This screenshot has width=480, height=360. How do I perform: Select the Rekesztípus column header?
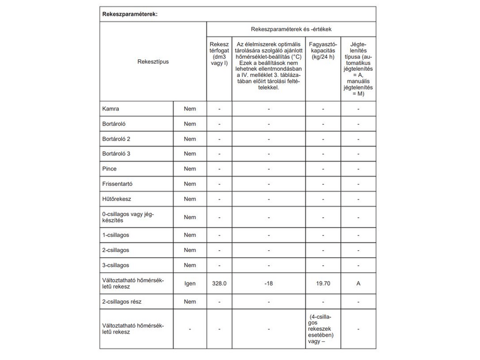pyautogui.click(x=152, y=61)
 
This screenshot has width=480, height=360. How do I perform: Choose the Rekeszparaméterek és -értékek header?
pyautogui.click(x=292, y=29)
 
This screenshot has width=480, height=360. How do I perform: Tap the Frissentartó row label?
pyautogui.click(x=119, y=184)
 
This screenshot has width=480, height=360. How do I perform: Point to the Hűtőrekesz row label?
pyautogui.click(x=118, y=199)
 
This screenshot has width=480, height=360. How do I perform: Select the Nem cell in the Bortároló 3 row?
pyautogui.click(x=190, y=154)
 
